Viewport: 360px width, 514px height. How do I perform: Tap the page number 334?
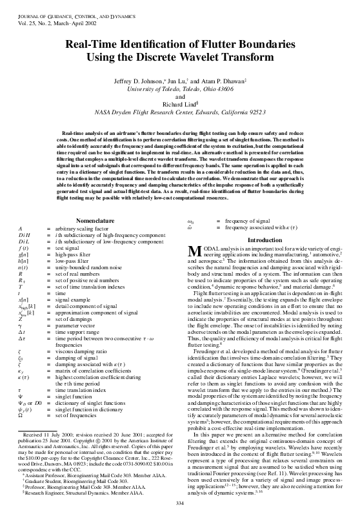[180, 504]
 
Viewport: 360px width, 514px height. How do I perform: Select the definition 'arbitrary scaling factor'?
[83, 229]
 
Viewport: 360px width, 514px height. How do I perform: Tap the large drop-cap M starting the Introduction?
[192, 252]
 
